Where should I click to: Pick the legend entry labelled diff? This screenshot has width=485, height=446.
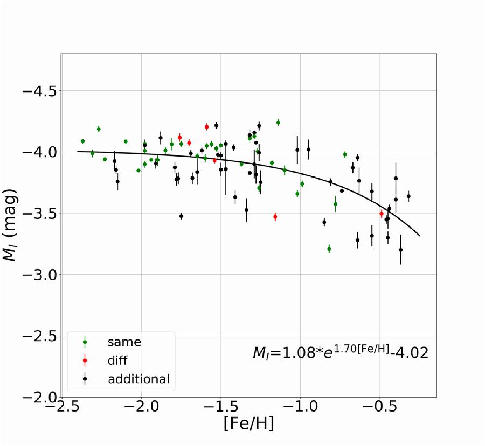117,360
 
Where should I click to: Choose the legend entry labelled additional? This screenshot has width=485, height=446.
139,379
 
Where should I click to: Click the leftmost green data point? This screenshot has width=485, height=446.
82,141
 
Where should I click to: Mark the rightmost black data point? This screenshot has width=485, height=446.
408,196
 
